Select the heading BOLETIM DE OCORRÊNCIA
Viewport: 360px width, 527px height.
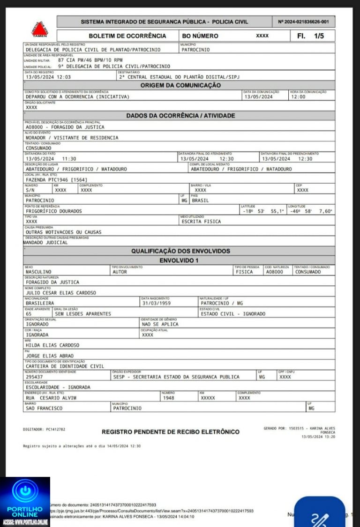(x=127, y=36)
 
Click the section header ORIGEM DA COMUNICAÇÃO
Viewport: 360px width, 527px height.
(x=180, y=85)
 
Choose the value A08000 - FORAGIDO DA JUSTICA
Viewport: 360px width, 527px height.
(x=65, y=126)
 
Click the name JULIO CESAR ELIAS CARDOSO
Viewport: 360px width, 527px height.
(x=61, y=293)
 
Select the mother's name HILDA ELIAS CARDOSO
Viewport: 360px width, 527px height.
(x=52, y=345)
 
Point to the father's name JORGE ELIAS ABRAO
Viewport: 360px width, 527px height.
(x=49, y=356)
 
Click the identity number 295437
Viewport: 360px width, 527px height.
(x=35, y=377)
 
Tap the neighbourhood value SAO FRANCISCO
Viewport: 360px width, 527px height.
(x=44, y=408)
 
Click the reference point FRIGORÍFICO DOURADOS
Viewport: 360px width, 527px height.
(x=53, y=211)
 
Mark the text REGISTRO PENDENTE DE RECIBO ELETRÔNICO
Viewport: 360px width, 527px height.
(x=171, y=431)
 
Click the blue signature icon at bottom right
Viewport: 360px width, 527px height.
(x=323, y=516)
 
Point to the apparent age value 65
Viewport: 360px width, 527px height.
(x=29, y=313)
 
